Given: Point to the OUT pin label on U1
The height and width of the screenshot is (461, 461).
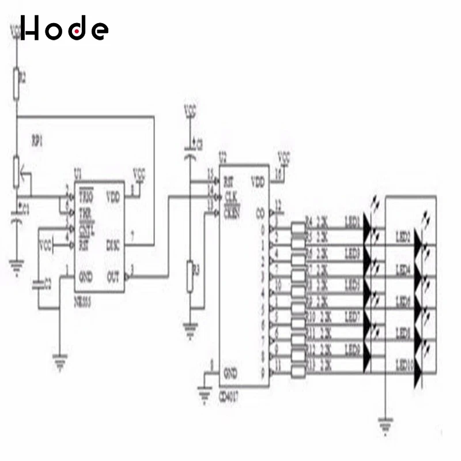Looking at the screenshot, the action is tap(113, 277).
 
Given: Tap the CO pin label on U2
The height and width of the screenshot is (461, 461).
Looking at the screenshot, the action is tap(259, 211).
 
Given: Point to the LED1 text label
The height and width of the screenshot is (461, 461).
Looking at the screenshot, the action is tap(352, 220).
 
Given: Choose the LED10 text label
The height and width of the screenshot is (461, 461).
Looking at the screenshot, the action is tap(405, 365).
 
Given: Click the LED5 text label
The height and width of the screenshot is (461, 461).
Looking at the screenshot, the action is tap(352, 285).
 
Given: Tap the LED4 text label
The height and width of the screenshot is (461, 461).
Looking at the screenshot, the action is tap(403, 269).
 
